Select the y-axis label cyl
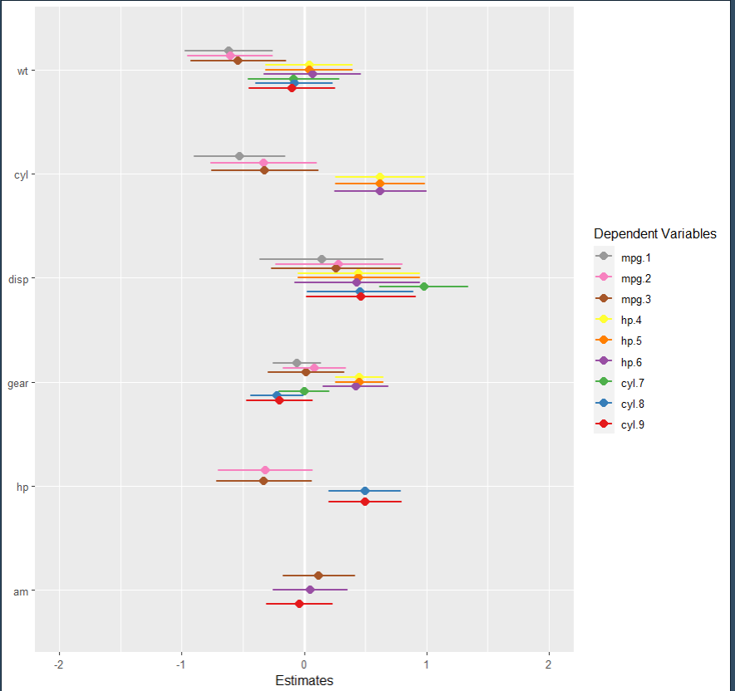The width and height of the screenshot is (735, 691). [x=22, y=174]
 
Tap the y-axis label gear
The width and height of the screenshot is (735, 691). [x=20, y=383]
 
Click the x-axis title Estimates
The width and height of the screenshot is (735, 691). [x=304, y=681]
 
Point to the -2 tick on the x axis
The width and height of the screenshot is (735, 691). [x=59, y=665]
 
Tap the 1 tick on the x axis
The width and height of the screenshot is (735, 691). [x=426, y=665]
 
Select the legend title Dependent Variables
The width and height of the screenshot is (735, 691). [x=654, y=234]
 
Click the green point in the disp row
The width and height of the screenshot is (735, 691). [x=424, y=287]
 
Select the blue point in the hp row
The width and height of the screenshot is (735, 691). [x=365, y=491]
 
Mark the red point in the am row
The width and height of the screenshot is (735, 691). [x=299, y=604]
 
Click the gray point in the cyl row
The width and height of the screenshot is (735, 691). [x=239, y=156]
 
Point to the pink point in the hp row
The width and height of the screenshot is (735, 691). [x=265, y=470]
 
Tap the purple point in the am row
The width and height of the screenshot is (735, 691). [x=310, y=590]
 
